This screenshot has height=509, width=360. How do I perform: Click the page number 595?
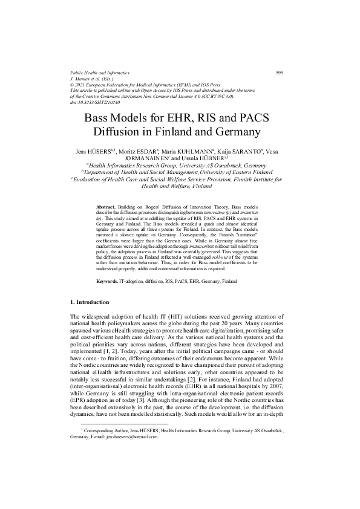280,73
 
